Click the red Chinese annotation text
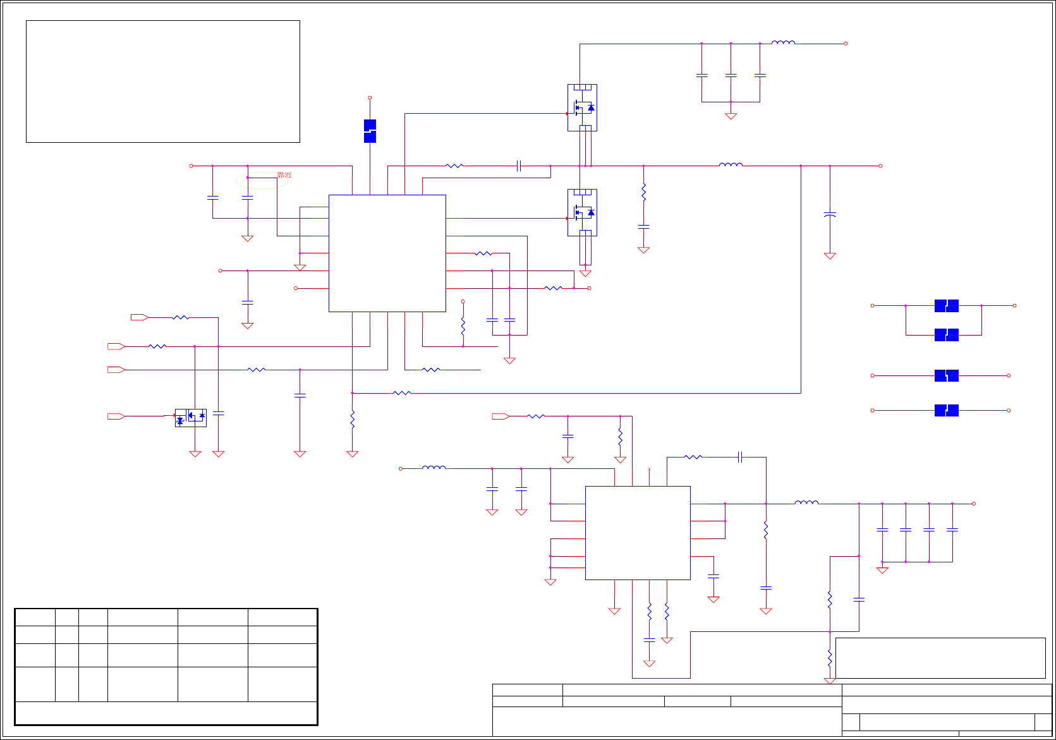click(284, 175)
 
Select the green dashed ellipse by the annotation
click(260, 181)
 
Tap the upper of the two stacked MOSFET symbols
click(582, 107)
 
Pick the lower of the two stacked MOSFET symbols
click(582, 212)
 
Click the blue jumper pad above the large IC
click(370, 131)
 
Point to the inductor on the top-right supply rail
click(783, 43)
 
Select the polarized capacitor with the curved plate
click(830, 215)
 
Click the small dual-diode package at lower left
click(190, 417)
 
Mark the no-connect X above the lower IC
click(649, 469)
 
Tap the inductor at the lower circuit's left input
click(434, 468)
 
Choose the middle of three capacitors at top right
click(731, 75)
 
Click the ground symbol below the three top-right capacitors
click(731, 116)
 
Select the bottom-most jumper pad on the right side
click(946, 410)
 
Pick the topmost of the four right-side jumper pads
click(946, 306)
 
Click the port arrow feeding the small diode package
click(116, 416)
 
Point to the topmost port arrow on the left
click(139, 317)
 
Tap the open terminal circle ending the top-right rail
click(846, 44)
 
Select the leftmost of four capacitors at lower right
click(882, 530)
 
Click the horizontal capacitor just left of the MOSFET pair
click(518, 166)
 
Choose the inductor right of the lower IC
click(806, 503)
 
